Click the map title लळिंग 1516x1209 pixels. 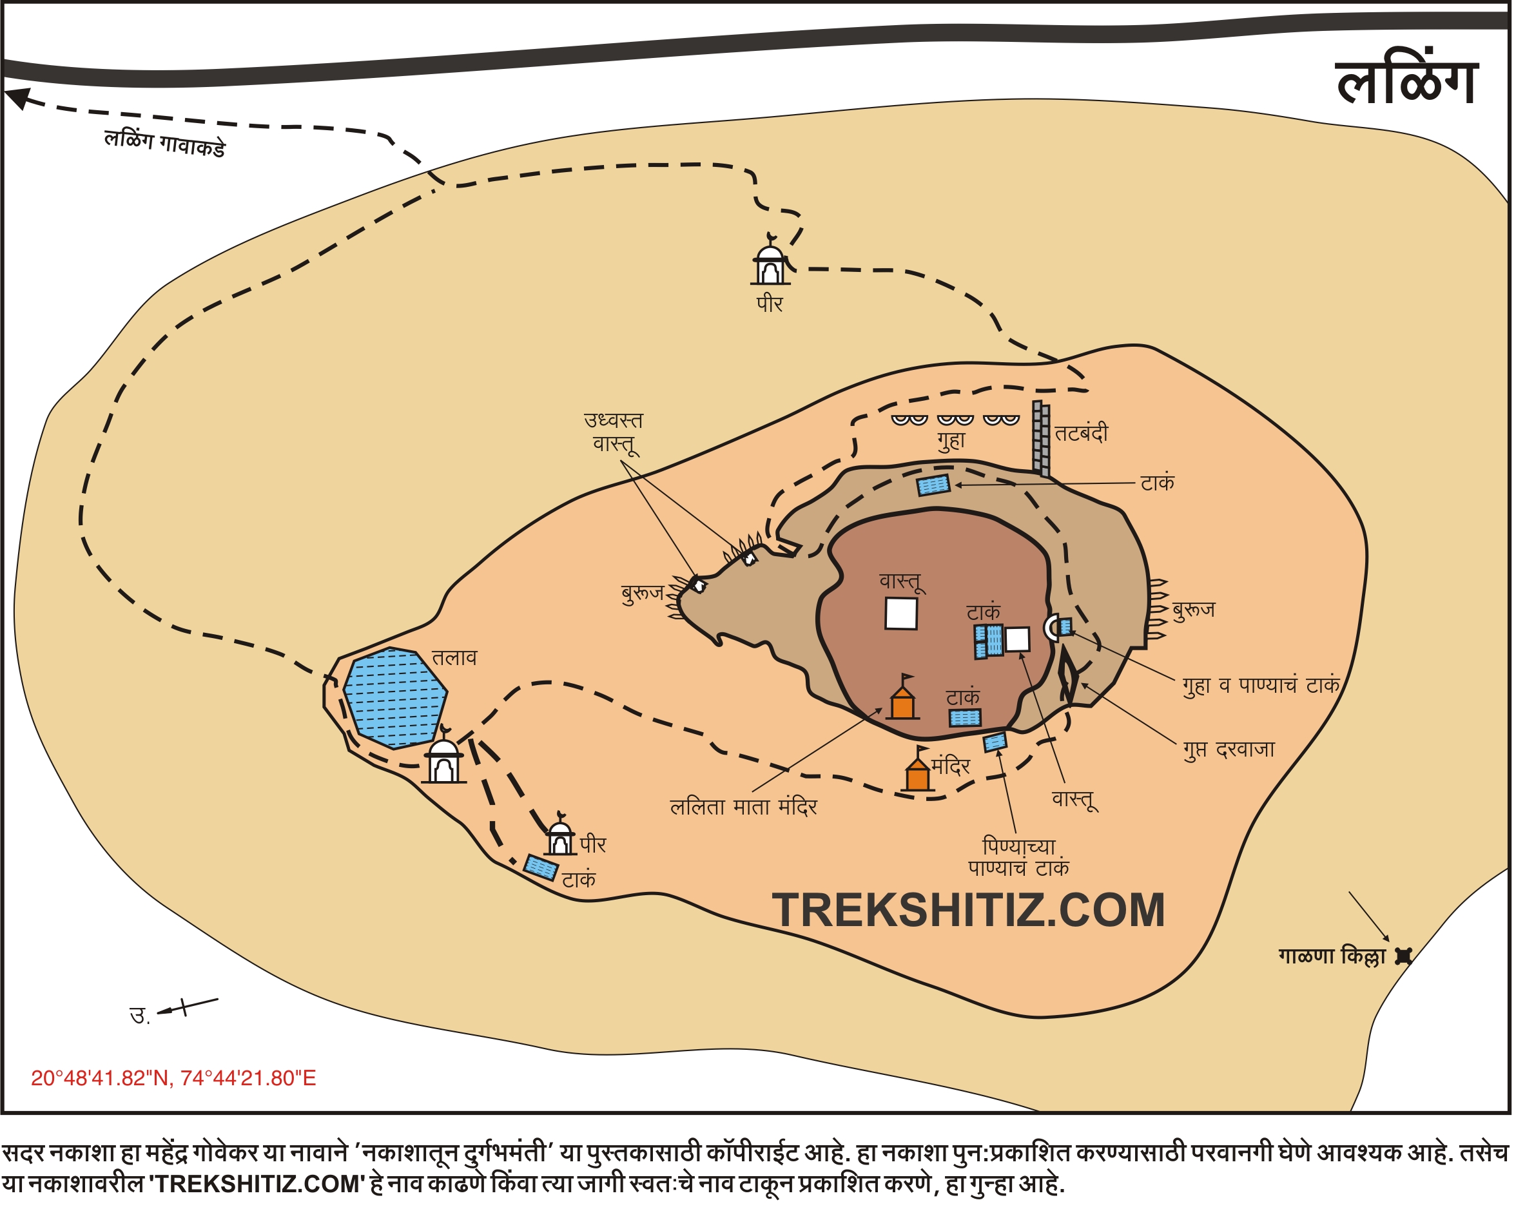(1406, 83)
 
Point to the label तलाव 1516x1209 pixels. (454, 659)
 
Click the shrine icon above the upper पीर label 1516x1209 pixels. (771, 262)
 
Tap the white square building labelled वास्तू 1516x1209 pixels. (900, 613)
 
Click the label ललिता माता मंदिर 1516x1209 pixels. (743, 808)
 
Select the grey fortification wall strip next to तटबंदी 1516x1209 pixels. (1041, 439)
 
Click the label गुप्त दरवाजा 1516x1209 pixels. (1229, 750)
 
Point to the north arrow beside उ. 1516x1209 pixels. (187, 1007)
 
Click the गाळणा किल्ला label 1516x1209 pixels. (1332, 956)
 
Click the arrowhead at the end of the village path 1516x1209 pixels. (17, 97)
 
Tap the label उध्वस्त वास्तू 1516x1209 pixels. (613, 432)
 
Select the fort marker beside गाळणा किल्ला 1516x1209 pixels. (1403, 956)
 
